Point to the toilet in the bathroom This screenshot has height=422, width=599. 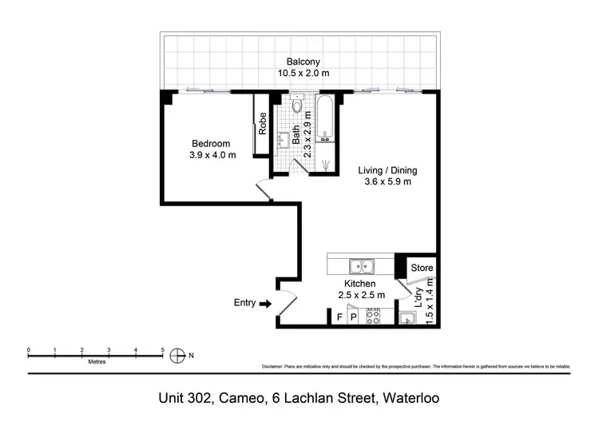point(298,105)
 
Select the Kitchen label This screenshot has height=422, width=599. point(359,284)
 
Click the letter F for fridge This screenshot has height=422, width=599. point(339,317)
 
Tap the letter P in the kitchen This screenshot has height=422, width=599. point(353,317)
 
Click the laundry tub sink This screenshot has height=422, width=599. point(409,320)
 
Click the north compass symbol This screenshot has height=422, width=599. point(178,356)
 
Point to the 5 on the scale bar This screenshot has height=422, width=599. point(163,350)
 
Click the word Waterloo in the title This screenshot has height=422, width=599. point(411,397)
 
